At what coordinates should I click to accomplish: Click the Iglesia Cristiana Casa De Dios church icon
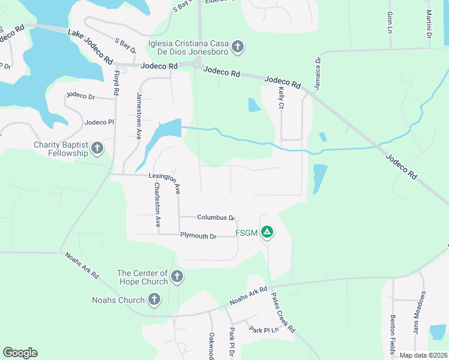coord(238,47)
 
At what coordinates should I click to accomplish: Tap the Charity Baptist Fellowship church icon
coord(97,149)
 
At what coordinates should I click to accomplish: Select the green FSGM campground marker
coord(267,232)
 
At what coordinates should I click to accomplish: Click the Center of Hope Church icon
coord(176,277)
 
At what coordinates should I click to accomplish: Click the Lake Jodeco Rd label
coord(90,47)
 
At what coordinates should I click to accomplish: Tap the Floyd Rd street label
coord(116,83)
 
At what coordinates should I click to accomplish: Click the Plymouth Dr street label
coord(198,236)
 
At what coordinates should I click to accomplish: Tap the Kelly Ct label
coord(280,97)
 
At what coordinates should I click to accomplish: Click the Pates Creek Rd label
coord(282,313)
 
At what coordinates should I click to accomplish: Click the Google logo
coord(20,353)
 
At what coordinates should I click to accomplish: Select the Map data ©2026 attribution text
coord(423,355)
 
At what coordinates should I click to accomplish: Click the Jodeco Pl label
coord(99,122)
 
